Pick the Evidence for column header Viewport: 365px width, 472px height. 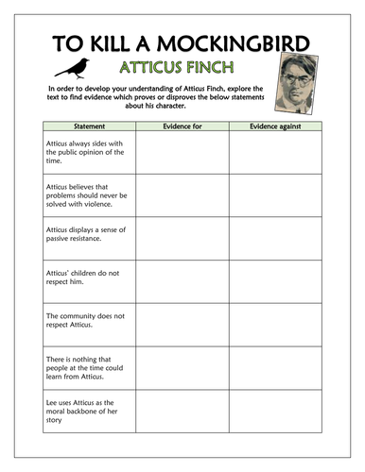coord(181,126)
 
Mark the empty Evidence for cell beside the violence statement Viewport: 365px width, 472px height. coord(181,197)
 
